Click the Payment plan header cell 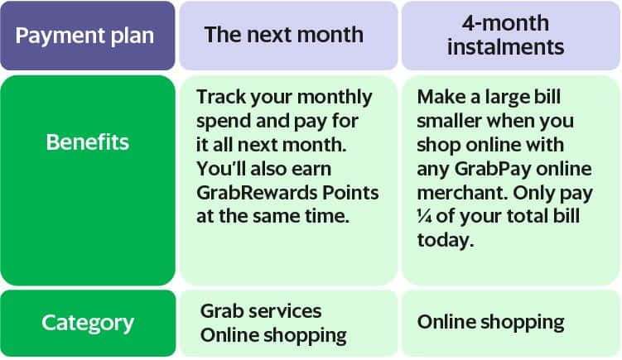click(87, 36)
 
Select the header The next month click(288, 36)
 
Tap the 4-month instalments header click(511, 36)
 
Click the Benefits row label click(88, 180)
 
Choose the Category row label click(88, 323)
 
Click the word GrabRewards click(257, 193)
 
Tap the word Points click(350, 193)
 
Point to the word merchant click(462, 193)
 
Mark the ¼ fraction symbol click(424, 217)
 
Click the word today click(446, 240)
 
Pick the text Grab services click(261, 311)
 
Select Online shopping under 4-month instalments click(490, 322)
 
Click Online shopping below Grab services click(273, 335)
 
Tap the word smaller click(449, 121)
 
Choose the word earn click(311, 170)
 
